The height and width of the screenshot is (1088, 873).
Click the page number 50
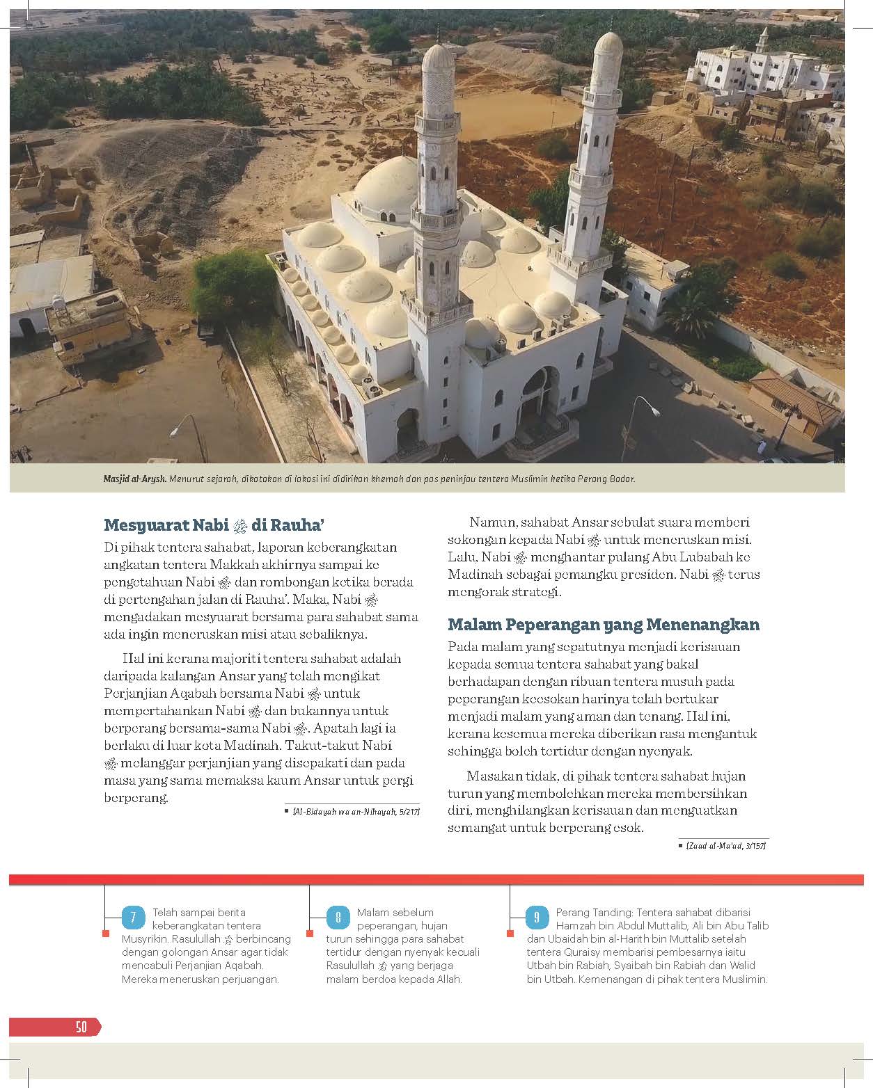pyautogui.click(x=81, y=1027)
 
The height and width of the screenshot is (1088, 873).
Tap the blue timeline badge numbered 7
pyautogui.click(x=132, y=918)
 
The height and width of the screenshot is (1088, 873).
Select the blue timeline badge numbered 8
pyautogui.click(x=338, y=918)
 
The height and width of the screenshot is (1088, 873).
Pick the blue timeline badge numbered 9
pyautogui.click(x=536, y=918)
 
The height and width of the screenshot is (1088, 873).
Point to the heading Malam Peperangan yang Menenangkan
pyautogui.click(x=603, y=624)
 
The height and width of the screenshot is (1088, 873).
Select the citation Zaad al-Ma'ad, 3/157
pyautogui.click(x=725, y=845)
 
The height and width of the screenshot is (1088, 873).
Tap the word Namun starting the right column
pyautogui.click(x=490, y=522)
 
